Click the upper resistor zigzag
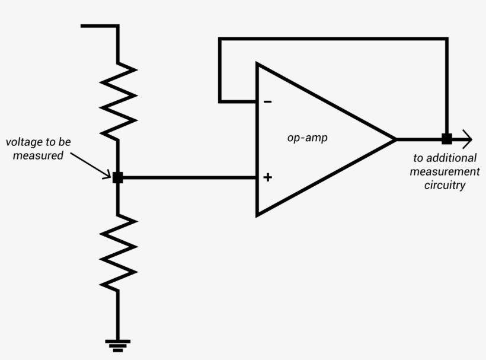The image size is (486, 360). tap(118, 100)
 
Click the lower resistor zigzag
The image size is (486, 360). tap(118, 252)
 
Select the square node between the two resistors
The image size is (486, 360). tap(118, 177)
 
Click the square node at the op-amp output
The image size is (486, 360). tap(447, 139)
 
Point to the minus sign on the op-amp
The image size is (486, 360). tap(268, 102)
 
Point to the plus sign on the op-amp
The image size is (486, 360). tap(268, 177)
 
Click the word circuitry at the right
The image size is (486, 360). tap(445, 185)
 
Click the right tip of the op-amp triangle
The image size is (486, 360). tap(395, 139)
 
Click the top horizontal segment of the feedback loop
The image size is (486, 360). tap(332, 39)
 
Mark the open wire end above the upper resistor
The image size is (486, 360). tap(82, 26)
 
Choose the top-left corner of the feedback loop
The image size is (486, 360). tap(220, 39)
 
